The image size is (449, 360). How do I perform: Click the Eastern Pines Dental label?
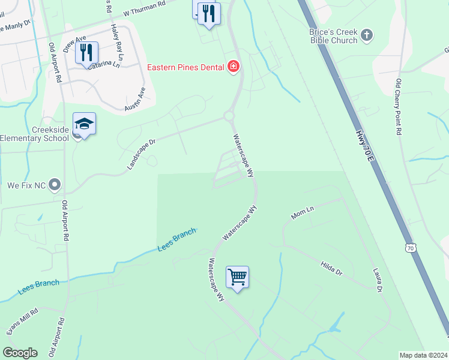pos(186,67)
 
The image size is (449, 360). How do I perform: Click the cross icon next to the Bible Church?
pos(367,37)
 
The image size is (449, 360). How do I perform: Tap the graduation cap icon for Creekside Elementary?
pos(85,124)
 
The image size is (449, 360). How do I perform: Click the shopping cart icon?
pos(238,277)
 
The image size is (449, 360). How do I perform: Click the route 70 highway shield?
pos(411,247)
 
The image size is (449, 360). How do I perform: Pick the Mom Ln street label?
pos(303,212)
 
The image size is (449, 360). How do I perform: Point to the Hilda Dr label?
pos(331,268)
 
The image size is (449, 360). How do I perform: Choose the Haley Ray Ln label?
pos(116,45)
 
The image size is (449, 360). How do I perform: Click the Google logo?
pos(20,353)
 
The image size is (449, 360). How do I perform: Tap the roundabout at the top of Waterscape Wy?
pos(229,116)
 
